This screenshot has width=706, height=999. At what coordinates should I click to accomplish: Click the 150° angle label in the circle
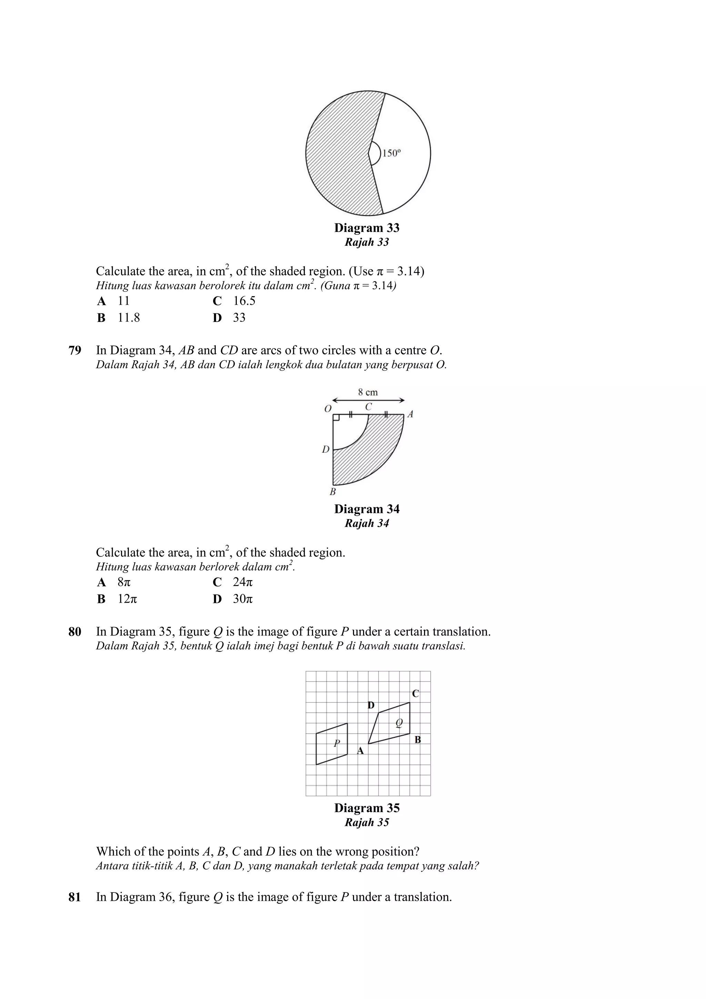tap(391, 153)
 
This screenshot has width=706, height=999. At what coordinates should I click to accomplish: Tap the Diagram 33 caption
tap(367, 228)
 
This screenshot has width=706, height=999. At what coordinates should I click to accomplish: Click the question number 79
tap(75, 351)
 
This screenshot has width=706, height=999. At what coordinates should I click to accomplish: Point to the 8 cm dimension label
tap(368, 392)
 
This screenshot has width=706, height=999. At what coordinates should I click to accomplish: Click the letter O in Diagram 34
tap(328, 408)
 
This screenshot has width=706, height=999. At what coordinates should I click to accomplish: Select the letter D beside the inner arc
tap(325, 450)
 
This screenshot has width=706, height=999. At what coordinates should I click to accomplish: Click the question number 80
tap(75, 632)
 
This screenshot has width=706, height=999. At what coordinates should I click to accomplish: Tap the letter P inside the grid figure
tap(336, 743)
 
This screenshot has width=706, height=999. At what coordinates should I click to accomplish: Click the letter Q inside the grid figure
tap(399, 723)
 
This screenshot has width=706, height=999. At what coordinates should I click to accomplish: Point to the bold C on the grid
tap(415, 694)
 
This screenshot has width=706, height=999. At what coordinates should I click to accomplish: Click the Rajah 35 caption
tap(367, 823)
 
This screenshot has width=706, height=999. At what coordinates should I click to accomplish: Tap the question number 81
tap(75, 897)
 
